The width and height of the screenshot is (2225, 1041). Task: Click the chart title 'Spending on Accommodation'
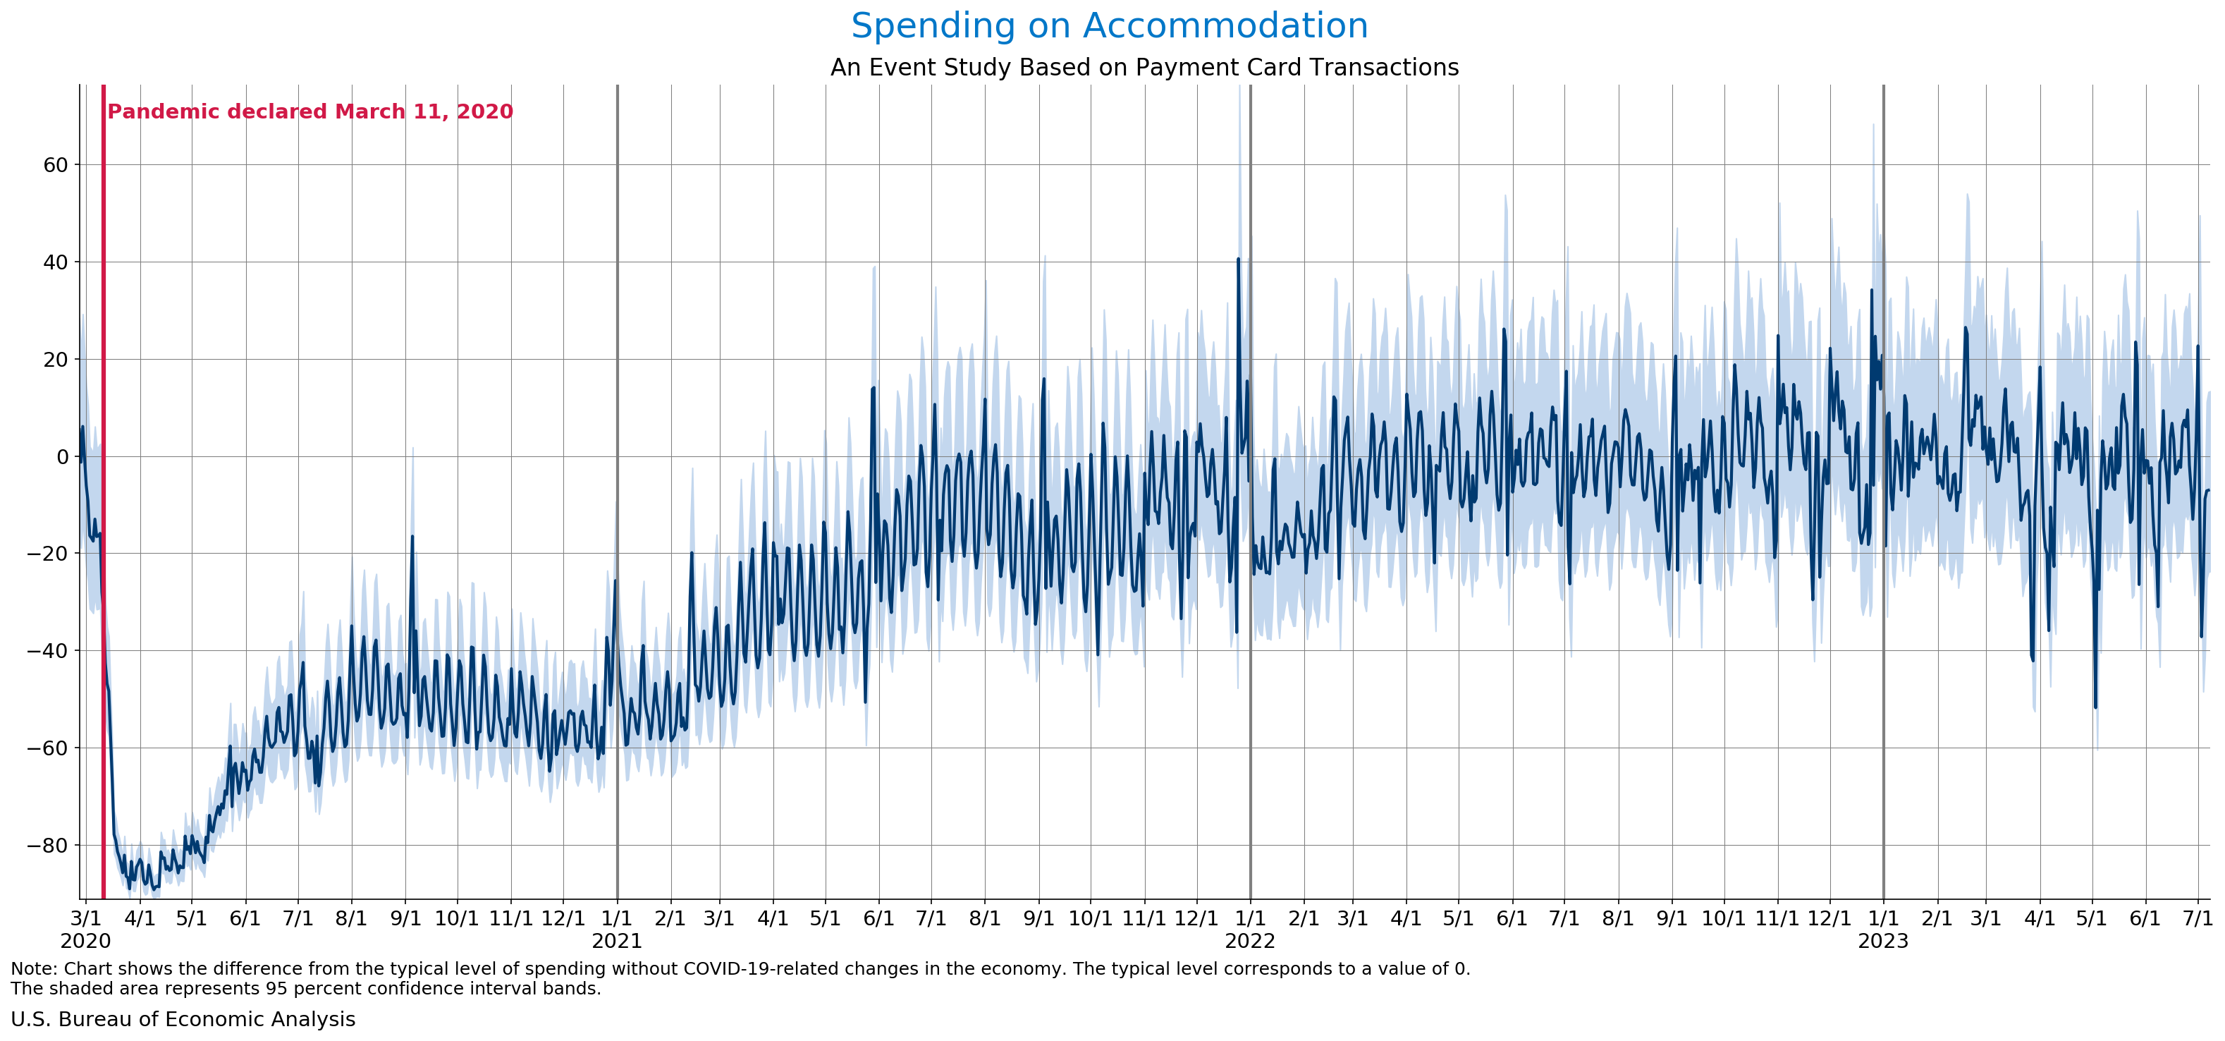pos(1109,26)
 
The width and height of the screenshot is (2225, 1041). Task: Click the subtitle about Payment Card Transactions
pos(1144,68)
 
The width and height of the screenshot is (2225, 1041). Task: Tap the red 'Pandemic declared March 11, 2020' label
pos(310,112)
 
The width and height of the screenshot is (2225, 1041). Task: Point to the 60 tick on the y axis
pos(55,165)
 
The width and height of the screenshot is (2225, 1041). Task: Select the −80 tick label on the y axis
pos(47,846)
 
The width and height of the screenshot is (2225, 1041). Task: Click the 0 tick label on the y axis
pos(62,457)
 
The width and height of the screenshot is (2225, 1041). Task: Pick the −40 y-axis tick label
pos(47,652)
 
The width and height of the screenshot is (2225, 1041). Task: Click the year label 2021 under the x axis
pos(617,942)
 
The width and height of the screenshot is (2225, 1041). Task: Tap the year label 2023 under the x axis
pos(1883,942)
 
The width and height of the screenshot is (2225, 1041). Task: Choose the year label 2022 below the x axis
pos(1250,942)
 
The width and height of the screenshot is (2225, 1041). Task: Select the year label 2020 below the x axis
pos(85,942)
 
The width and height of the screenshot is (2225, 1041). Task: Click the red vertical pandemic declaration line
pos(104,518)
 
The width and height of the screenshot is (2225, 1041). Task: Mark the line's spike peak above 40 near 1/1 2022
pos(1238,259)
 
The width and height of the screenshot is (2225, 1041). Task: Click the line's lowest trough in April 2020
pos(130,888)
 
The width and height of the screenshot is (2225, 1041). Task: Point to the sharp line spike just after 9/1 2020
pos(412,537)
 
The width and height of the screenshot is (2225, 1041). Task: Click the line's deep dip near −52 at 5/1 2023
pos(2095,707)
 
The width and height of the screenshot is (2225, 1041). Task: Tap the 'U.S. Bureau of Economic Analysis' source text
pos(183,1019)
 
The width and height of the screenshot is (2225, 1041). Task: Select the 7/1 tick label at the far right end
pos(2198,918)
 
